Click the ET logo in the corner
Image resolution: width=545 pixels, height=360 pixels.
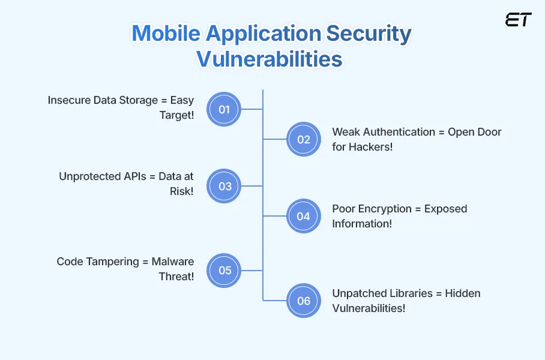coord(518,20)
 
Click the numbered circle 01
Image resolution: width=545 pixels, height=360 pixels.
coord(224,109)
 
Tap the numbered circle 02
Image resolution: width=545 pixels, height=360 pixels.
coord(304,139)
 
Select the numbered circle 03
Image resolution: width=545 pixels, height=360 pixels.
coord(224,186)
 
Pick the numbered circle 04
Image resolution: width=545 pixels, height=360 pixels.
coord(304,216)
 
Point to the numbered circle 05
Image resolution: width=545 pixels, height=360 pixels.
coord(224,270)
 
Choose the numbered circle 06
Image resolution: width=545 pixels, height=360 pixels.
coord(304,300)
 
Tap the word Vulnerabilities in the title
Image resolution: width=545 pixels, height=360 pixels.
coord(270,59)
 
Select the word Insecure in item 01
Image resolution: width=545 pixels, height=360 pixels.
coord(69,100)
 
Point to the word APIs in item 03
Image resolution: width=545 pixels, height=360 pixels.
coord(132,176)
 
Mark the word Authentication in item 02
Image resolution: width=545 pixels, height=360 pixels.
coord(396,132)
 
